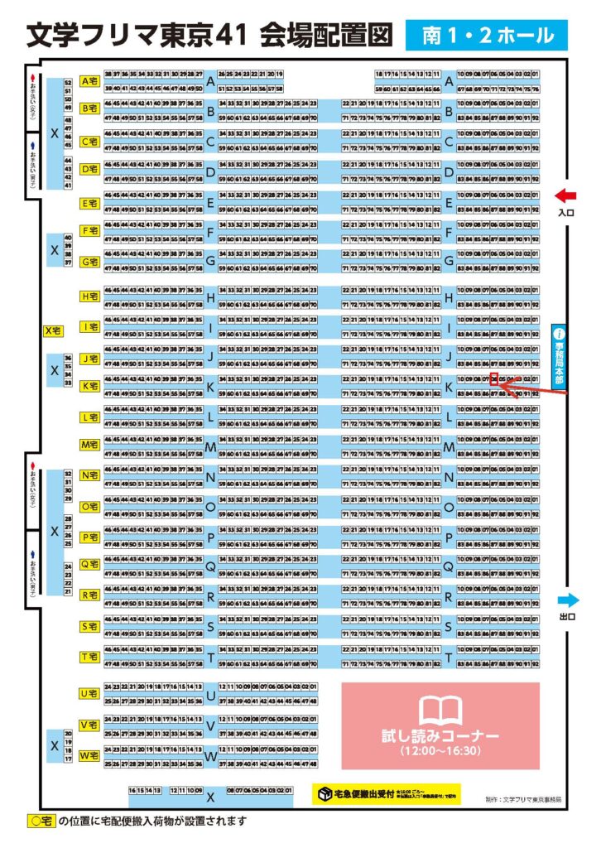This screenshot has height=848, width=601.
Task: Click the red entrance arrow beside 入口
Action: coord(565,195)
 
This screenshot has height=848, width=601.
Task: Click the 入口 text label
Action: coord(566,213)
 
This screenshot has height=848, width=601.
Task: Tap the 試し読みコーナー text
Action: coord(440,736)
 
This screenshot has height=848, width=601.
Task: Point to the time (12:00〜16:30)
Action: coord(440,751)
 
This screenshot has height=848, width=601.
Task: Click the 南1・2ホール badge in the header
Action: coord(487,36)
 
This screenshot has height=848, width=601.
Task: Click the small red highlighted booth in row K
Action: coord(494,379)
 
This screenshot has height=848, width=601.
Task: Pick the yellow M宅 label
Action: coord(90,445)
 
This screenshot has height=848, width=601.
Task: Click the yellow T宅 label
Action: coord(90,657)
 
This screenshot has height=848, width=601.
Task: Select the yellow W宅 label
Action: coord(90,756)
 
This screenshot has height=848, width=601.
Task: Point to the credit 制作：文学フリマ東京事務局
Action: coord(523,799)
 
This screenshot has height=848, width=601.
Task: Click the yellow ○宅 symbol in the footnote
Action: coord(40,822)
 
